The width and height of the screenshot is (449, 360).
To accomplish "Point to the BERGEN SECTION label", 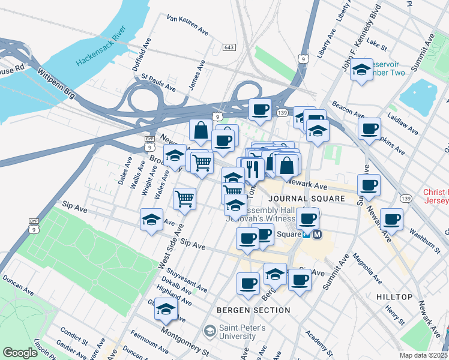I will (x=253, y=310).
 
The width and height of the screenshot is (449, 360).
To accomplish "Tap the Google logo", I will (x=20, y=353).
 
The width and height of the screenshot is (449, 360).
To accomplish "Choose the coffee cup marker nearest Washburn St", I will (x=392, y=220).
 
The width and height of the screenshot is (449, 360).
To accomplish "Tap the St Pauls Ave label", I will (x=158, y=83).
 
